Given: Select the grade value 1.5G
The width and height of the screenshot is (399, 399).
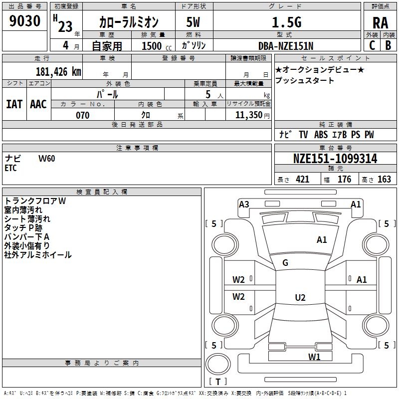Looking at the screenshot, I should pos(286,22).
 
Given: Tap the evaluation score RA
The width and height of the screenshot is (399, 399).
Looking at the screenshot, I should pos(381,22).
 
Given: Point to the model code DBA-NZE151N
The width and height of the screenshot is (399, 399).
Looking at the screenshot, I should pos(286,46).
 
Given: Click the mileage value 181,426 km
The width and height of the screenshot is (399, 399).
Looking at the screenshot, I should pos(58,72).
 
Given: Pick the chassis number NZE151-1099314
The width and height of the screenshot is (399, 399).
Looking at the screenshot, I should pos(335,159).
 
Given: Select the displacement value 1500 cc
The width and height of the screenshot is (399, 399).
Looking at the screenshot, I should pos(152,46).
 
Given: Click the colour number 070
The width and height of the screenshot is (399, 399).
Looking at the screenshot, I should pos(82,115).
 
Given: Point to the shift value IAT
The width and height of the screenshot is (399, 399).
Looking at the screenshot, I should pos(14,104).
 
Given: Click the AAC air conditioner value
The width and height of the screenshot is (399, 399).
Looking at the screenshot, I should pos(38,104).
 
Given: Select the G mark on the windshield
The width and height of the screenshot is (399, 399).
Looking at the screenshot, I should pos(285,263).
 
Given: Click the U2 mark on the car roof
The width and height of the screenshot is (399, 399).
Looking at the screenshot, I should pos(300,298).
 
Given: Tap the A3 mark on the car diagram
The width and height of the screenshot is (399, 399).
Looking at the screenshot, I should pos(244,204).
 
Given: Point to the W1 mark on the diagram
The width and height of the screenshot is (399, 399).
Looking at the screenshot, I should pos(314,357).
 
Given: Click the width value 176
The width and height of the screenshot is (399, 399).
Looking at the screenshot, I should pos(344,180).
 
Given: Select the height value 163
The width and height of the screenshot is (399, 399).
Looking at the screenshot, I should pos(384,180).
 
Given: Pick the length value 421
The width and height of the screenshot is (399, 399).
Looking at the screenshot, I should pos(302,180).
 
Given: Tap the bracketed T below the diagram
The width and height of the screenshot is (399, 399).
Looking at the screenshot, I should pos(218,382).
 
